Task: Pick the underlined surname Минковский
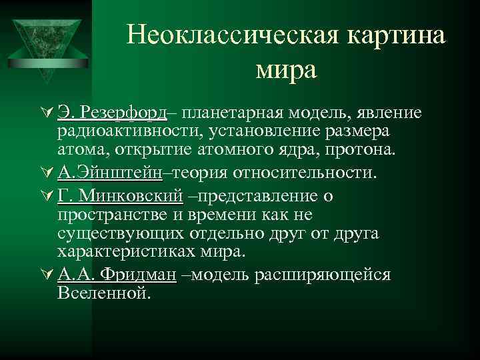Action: pyautogui.click(x=131, y=196)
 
